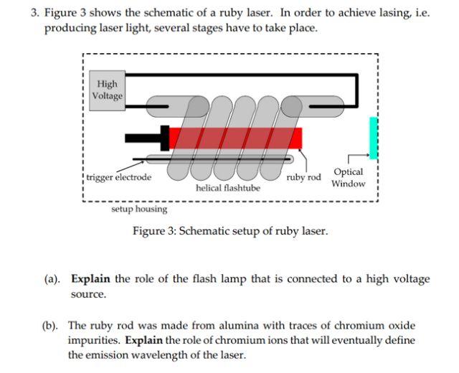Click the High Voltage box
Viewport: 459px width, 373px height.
pyautogui.click(x=108, y=90)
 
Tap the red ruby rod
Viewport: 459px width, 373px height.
pyautogui.click(x=237, y=138)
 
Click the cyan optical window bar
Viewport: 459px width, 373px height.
pyautogui.click(x=373, y=138)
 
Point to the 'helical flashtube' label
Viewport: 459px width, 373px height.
pyautogui.click(x=227, y=188)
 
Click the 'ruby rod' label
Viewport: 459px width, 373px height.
pyautogui.click(x=303, y=176)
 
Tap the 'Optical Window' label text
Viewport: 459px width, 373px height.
pyautogui.click(x=348, y=178)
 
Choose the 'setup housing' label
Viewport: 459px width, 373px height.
pyautogui.click(x=139, y=209)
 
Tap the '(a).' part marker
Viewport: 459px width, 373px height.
pyautogui.click(x=55, y=279)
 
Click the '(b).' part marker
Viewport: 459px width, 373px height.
pyautogui.click(x=55, y=325)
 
